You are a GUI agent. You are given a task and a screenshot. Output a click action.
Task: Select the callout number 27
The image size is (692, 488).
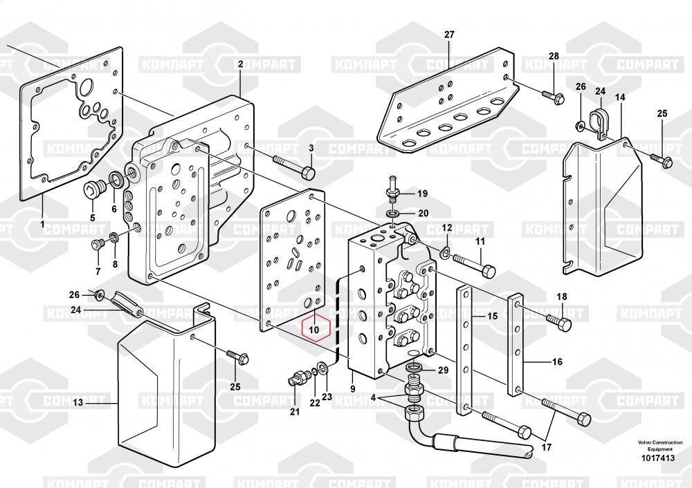(449, 35)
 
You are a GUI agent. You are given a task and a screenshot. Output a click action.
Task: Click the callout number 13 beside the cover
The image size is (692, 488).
(78, 402)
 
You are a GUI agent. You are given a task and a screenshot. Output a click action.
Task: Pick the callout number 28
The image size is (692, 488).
(554, 56)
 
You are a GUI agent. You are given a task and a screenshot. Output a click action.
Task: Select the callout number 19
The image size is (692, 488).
(422, 194)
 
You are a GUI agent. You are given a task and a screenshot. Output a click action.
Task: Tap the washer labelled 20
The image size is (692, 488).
(393, 214)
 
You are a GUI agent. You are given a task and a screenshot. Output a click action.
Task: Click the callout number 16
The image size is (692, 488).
(558, 362)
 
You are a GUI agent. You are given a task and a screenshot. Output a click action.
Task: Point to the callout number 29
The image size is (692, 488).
(444, 371)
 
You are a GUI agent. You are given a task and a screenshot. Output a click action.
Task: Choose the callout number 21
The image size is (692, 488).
(295, 413)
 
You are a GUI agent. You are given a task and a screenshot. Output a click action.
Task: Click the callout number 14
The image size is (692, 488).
(620, 97)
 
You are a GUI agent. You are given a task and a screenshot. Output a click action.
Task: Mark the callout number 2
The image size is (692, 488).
(240, 64)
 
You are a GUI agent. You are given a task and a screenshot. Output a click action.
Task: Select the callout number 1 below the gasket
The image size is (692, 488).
(42, 225)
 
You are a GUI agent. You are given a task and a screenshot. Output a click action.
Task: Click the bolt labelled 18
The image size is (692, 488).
(558, 321)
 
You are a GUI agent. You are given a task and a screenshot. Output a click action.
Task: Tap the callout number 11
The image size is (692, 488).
(479, 241)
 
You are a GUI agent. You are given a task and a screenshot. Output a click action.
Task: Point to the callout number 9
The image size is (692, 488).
(352, 389)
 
